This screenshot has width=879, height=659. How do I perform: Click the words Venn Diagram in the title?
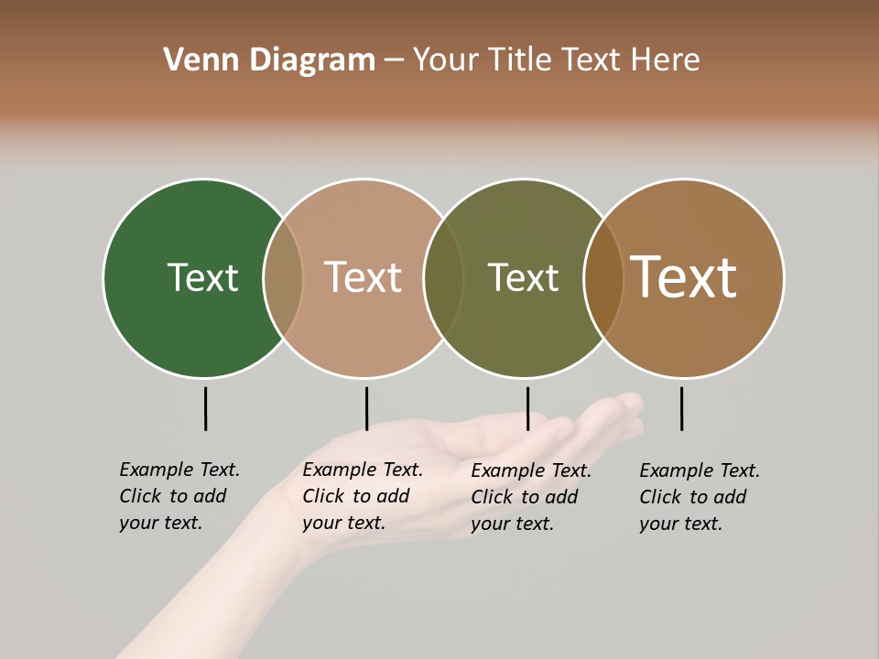[x=268, y=60]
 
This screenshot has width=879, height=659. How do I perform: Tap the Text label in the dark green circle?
[x=202, y=277]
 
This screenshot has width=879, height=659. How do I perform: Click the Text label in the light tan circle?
[x=363, y=277]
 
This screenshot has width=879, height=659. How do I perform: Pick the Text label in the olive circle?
[x=523, y=277]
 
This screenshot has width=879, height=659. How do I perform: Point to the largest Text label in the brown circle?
[x=683, y=277]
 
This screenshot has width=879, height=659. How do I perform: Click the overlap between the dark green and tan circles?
[x=283, y=277]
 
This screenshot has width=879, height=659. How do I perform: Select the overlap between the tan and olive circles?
[x=443, y=277]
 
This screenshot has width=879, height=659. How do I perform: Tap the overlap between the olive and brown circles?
[x=603, y=277]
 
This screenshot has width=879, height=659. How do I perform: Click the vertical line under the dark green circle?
[x=205, y=408]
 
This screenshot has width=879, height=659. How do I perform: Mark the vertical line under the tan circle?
[x=366, y=408]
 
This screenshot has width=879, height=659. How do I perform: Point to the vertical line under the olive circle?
[x=527, y=408]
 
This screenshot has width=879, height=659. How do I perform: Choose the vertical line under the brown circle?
[x=681, y=408]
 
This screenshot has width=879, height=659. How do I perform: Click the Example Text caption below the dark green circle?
[x=179, y=496]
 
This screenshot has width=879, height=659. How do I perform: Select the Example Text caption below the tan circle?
[x=362, y=496]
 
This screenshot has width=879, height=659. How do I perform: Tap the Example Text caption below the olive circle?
[x=530, y=497]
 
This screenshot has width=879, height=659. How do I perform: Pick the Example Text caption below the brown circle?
[x=699, y=497]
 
